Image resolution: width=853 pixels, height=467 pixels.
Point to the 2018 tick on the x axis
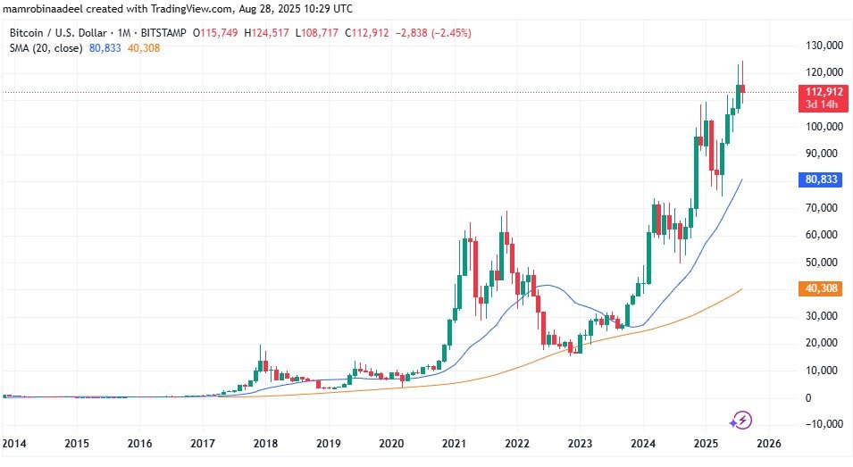coord(265,443)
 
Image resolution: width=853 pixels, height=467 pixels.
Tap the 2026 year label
coord(768,443)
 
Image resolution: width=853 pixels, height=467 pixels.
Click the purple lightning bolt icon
coord(741,420)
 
